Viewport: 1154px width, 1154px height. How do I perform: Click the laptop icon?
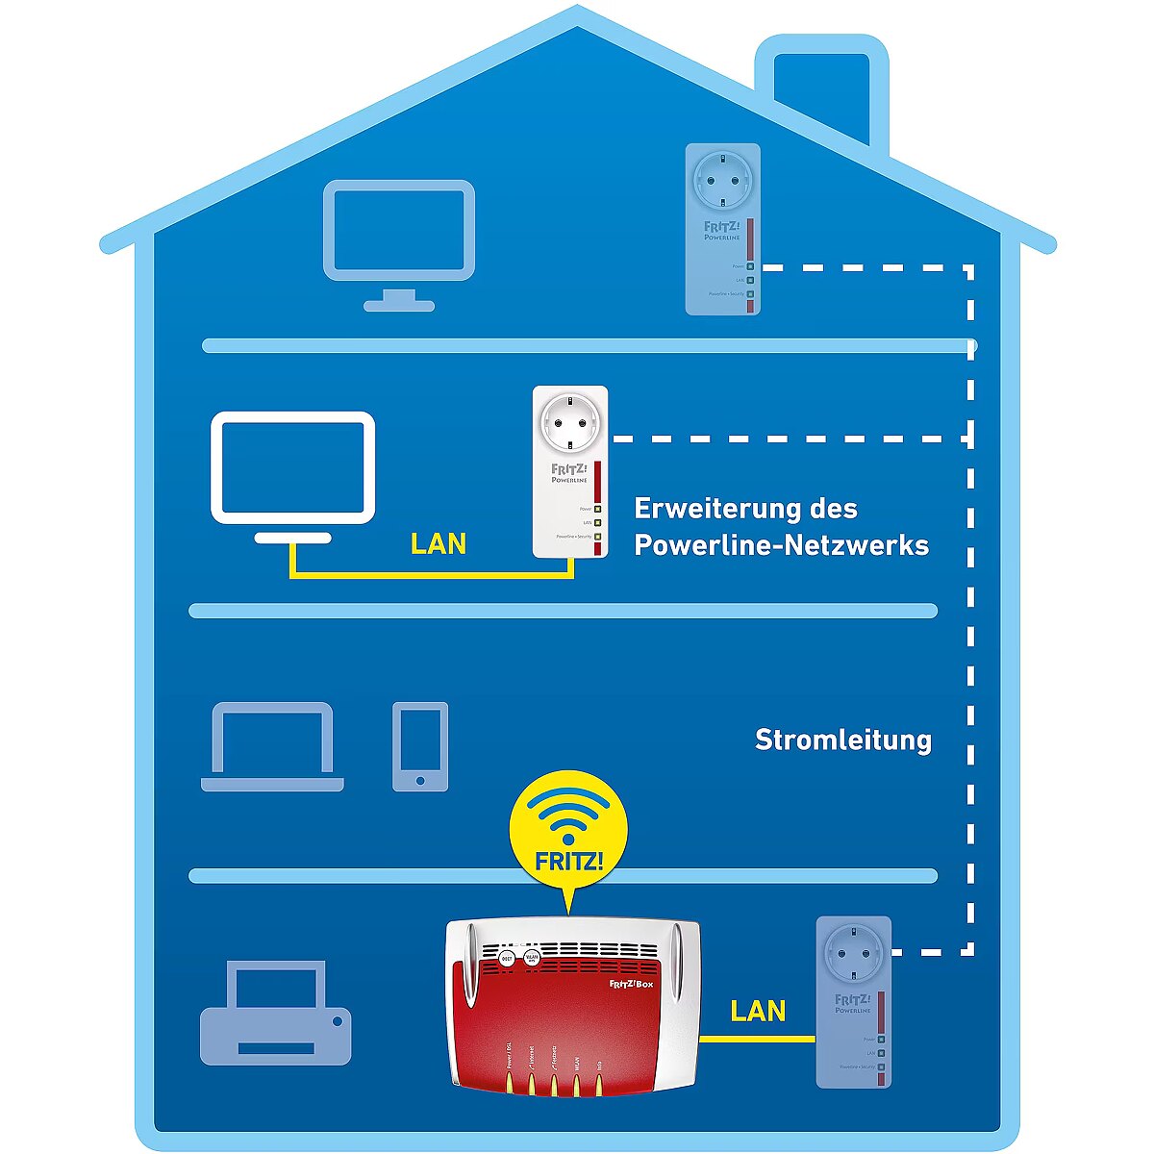tap(272, 746)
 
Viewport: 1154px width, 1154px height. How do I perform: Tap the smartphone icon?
tap(420, 746)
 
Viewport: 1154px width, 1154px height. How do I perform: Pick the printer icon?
tap(276, 1016)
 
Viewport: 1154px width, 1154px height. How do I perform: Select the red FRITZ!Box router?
tap(572, 1010)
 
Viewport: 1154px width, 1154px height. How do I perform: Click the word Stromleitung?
tap(842, 740)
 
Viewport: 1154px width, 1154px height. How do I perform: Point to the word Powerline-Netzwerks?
tap(781, 545)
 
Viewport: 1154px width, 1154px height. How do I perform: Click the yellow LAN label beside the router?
tap(758, 1011)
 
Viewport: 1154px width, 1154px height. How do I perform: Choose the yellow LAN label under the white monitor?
tap(439, 544)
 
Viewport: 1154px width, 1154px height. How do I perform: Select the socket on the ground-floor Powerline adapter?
tap(853, 952)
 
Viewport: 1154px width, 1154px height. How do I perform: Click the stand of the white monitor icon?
tap(293, 538)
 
